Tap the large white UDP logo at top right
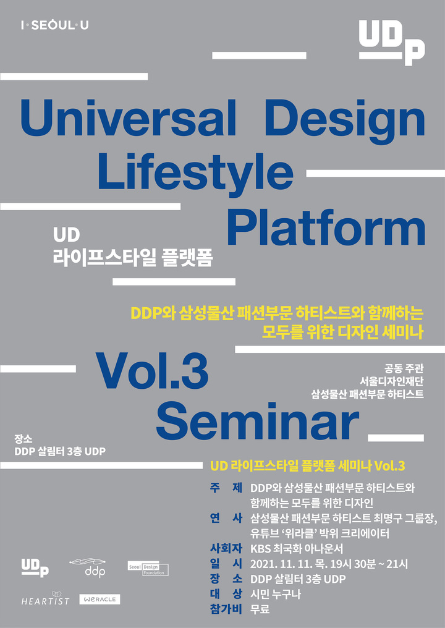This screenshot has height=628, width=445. (x=392, y=41)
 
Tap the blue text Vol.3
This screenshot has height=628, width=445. (x=151, y=373)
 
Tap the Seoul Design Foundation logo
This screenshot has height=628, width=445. (x=148, y=569)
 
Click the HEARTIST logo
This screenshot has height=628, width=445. (x=45, y=600)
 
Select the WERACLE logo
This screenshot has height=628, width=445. (x=100, y=600)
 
